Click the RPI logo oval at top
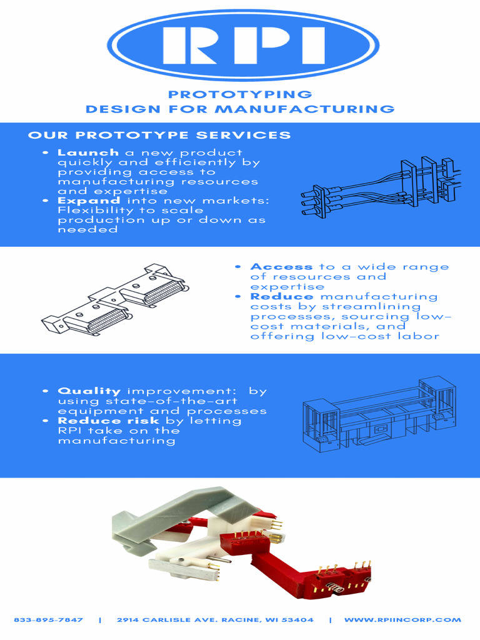[243, 45]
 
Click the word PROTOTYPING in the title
[240, 94]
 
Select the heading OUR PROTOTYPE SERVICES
[159, 135]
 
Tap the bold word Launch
[88, 152]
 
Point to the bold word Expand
[89, 201]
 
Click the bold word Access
[281, 267]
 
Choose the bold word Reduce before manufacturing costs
[282, 296]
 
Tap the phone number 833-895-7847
[48, 620]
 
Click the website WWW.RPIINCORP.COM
[402, 620]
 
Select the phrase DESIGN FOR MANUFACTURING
[240, 109]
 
